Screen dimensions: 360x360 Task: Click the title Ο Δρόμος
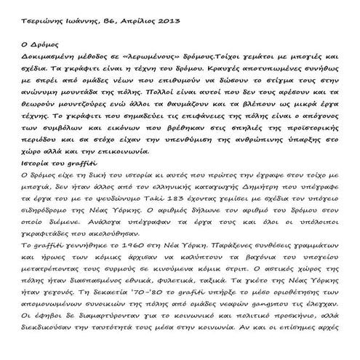point(37,65)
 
